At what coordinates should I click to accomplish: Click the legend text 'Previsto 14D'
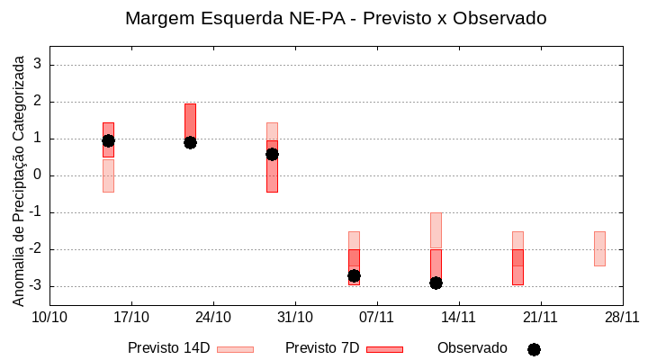point(168,348)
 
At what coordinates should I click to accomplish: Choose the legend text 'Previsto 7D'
point(322,348)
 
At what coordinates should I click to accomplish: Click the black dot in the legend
point(534,349)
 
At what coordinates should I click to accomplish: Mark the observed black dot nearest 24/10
point(190,142)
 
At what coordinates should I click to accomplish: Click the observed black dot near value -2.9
point(436,283)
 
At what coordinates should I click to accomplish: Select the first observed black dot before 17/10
point(108,140)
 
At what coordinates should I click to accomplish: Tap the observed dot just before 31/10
point(272,154)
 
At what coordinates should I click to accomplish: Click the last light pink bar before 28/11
point(599,248)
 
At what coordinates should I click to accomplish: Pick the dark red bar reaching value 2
point(190,121)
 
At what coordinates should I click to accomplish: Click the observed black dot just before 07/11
point(354,275)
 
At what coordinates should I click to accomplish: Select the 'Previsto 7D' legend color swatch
point(384,349)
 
